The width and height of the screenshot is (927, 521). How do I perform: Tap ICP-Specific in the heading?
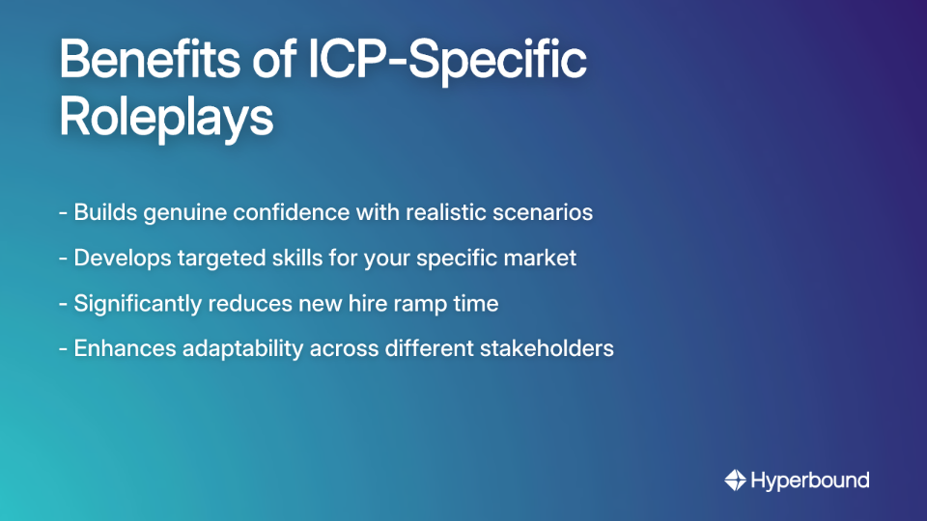[x=454, y=62]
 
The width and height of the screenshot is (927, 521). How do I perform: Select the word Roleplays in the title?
[x=166, y=118]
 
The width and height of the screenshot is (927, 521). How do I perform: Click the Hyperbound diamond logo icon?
[x=736, y=480]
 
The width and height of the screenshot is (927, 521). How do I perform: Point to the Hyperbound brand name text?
[x=810, y=480]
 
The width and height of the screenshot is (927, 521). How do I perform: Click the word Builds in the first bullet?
[x=105, y=212]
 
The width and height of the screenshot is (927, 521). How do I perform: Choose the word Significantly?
[x=138, y=303]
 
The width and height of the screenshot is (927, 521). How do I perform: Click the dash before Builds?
[x=63, y=213]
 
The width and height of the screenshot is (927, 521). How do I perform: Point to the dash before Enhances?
[x=63, y=349]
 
